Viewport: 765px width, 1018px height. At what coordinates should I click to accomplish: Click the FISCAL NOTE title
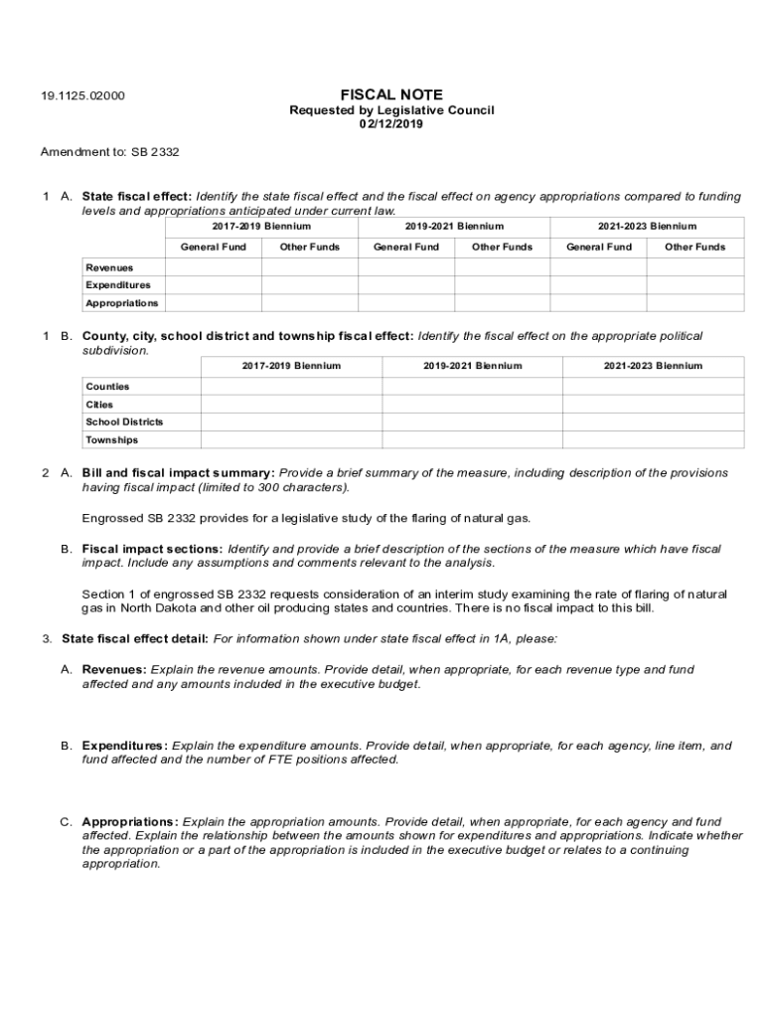pyautogui.click(x=391, y=95)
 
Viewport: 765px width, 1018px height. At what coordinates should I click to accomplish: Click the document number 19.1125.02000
pyautogui.click(x=82, y=96)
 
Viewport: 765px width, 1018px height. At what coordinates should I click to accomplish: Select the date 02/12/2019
pyautogui.click(x=391, y=124)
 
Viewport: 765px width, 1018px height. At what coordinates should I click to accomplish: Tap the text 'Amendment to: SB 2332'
pyautogui.click(x=109, y=152)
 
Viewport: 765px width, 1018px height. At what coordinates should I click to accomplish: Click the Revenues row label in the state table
pyautogui.click(x=109, y=267)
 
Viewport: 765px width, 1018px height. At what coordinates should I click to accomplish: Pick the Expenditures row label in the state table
pyautogui.click(x=118, y=285)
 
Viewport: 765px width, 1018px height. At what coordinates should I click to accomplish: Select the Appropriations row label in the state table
pyautogui.click(x=121, y=303)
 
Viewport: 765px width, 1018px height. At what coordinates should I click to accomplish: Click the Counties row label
pyautogui.click(x=107, y=387)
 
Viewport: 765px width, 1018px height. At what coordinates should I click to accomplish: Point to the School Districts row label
pyautogui.click(x=124, y=423)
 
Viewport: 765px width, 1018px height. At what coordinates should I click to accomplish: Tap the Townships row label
pyautogui.click(x=112, y=440)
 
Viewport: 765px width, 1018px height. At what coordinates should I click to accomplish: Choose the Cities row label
pyautogui.click(x=99, y=405)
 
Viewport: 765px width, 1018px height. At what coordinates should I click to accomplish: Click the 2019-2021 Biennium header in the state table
pyautogui.click(x=454, y=227)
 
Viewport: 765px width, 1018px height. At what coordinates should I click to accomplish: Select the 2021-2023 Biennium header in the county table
pyautogui.click(x=653, y=366)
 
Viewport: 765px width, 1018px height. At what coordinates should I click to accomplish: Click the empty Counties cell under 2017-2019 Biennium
pyautogui.click(x=291, y=387)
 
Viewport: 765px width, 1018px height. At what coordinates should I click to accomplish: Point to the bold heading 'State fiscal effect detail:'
pyautogui.click(x=135, y=638)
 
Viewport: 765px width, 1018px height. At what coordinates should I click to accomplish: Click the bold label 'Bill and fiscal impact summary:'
pyautogui.click(x=178, y=473)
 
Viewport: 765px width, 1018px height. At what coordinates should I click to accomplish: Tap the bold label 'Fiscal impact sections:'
pyautogui.click(x=152, y=549)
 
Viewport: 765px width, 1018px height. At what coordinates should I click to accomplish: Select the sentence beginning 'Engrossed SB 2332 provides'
pyautogui.click(x=306, y=518)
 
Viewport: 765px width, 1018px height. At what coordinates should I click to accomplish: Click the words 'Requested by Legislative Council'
pyautogui.click(x=391, y=110)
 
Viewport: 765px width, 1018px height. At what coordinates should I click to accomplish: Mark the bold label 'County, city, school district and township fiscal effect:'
pyautogui.click(x=247, y=336)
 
